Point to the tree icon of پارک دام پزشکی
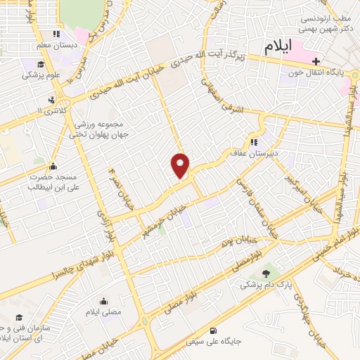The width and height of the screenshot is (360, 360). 265,274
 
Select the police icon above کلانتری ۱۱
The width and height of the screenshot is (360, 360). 51,99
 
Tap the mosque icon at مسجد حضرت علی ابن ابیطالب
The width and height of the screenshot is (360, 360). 53,167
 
